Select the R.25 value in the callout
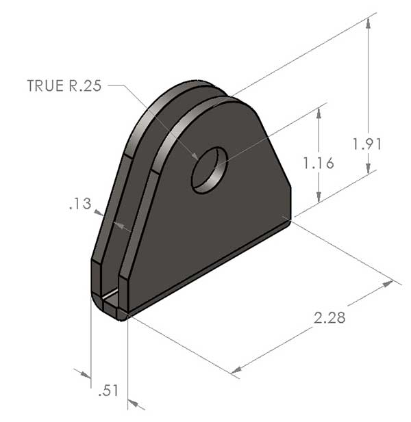pyautogui.click(x=83, y=86)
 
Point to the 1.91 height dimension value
pyautogui.click(x=366, y=144)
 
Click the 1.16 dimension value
pyautogui.click(x=318, y=163)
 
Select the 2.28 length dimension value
pyautogui.click(x=329, y=317)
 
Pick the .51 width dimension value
pyautogui.click(x=108, y=391)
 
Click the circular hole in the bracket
pyautogui.click(x=209, y=169)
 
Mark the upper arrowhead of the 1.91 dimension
pyautogui.click(x=369, y=21)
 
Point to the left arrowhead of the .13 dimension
pyautogui.click(x=101, y=214)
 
